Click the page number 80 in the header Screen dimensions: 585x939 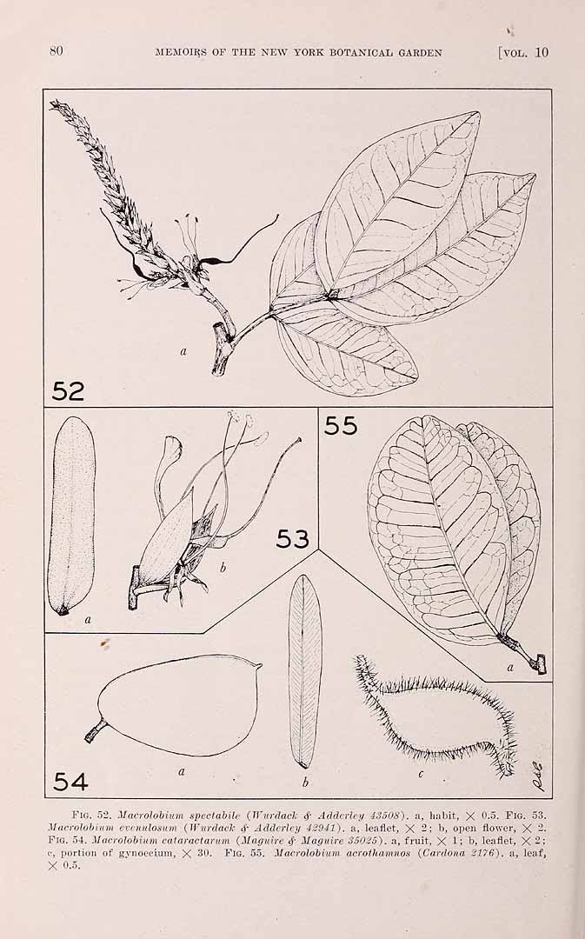click(57, 51)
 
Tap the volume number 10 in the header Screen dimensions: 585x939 click(542, 52)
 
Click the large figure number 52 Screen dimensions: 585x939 click(68, 391)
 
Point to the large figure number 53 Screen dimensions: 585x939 click(292, 539)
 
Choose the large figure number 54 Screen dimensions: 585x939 click(70, 782)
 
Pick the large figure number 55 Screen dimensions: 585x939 click(341, 426)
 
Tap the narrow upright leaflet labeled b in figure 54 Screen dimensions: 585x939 click(305, 671)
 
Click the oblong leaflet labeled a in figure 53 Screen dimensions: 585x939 click(71, 516)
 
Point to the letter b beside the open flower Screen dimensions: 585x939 click(223, 568)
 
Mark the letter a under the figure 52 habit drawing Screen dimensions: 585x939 click(183, 351)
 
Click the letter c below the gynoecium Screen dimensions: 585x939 click(421, 775)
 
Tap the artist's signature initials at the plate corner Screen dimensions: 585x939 click(536, 776)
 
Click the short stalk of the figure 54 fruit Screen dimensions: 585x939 click(96, 732)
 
